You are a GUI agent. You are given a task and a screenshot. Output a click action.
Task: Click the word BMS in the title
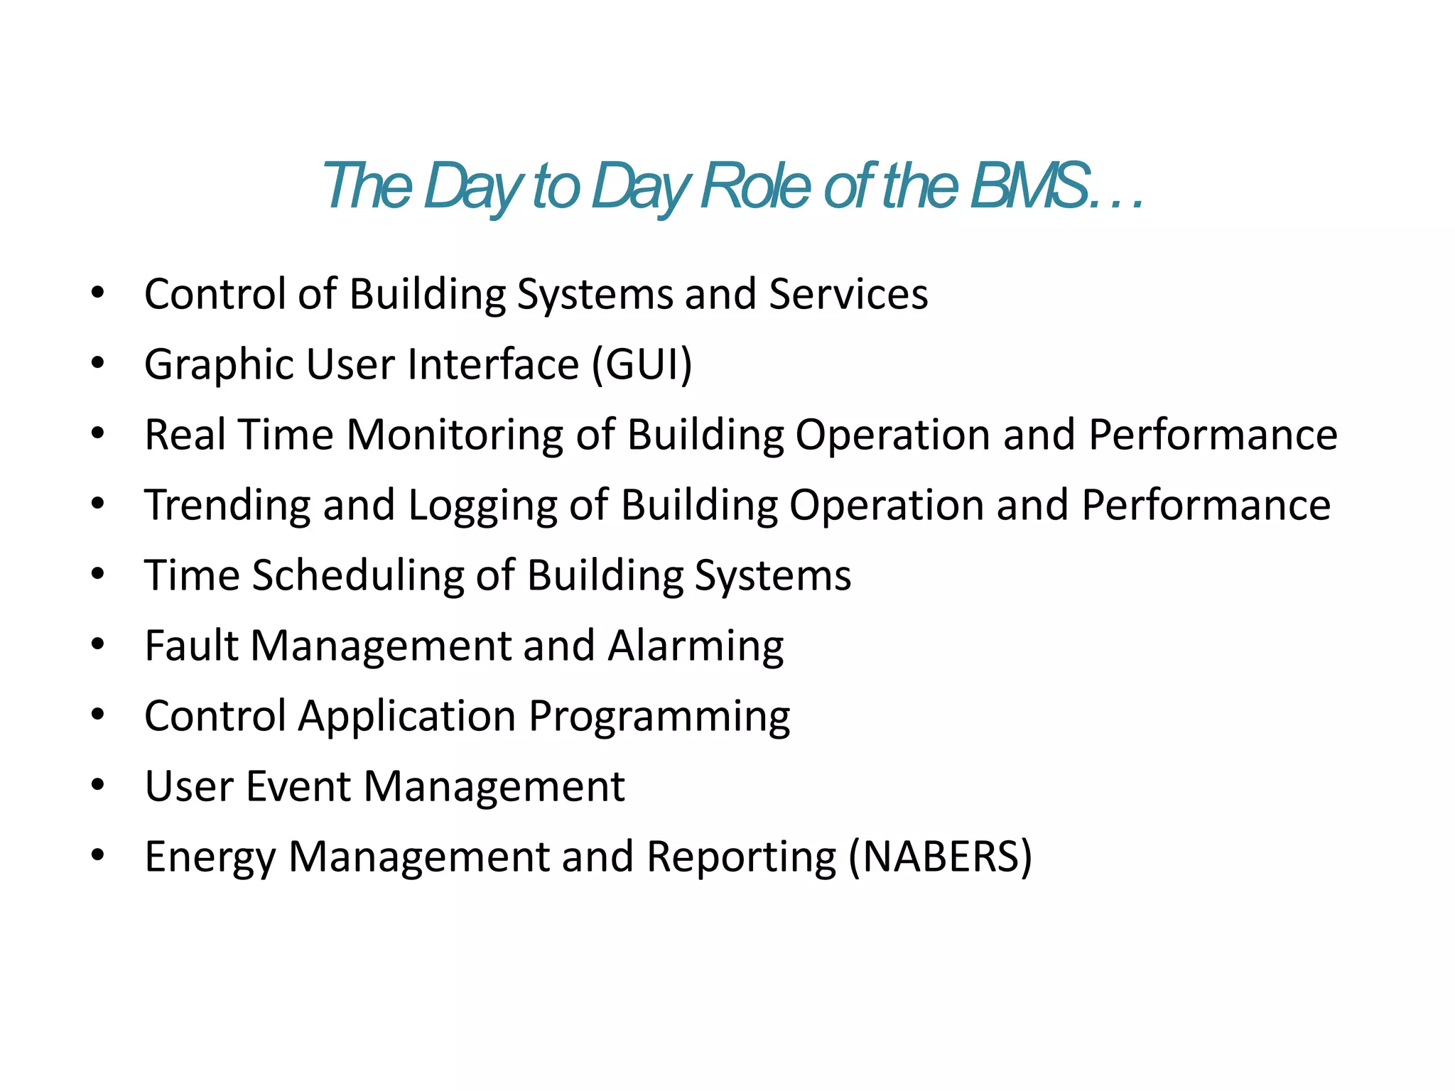pos(1030,186)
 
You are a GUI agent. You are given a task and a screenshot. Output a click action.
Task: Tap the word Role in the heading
pos(755,186)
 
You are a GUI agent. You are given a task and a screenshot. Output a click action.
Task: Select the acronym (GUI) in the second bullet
pos(642,364)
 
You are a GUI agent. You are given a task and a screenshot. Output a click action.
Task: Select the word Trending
pos(227,505)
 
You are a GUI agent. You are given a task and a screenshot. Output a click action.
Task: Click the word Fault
pos(191,645)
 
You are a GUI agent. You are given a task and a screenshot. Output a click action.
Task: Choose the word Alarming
pos(696,646)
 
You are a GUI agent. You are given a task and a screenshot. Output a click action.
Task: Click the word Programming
pos(659,717)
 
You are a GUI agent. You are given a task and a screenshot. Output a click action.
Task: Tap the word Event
pos(298,786)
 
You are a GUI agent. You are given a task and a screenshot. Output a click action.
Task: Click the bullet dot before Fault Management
pos(98,644)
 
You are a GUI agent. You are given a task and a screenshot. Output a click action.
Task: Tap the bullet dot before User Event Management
pos(98,785)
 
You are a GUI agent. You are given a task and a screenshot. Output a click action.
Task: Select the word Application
pos(407,717)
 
